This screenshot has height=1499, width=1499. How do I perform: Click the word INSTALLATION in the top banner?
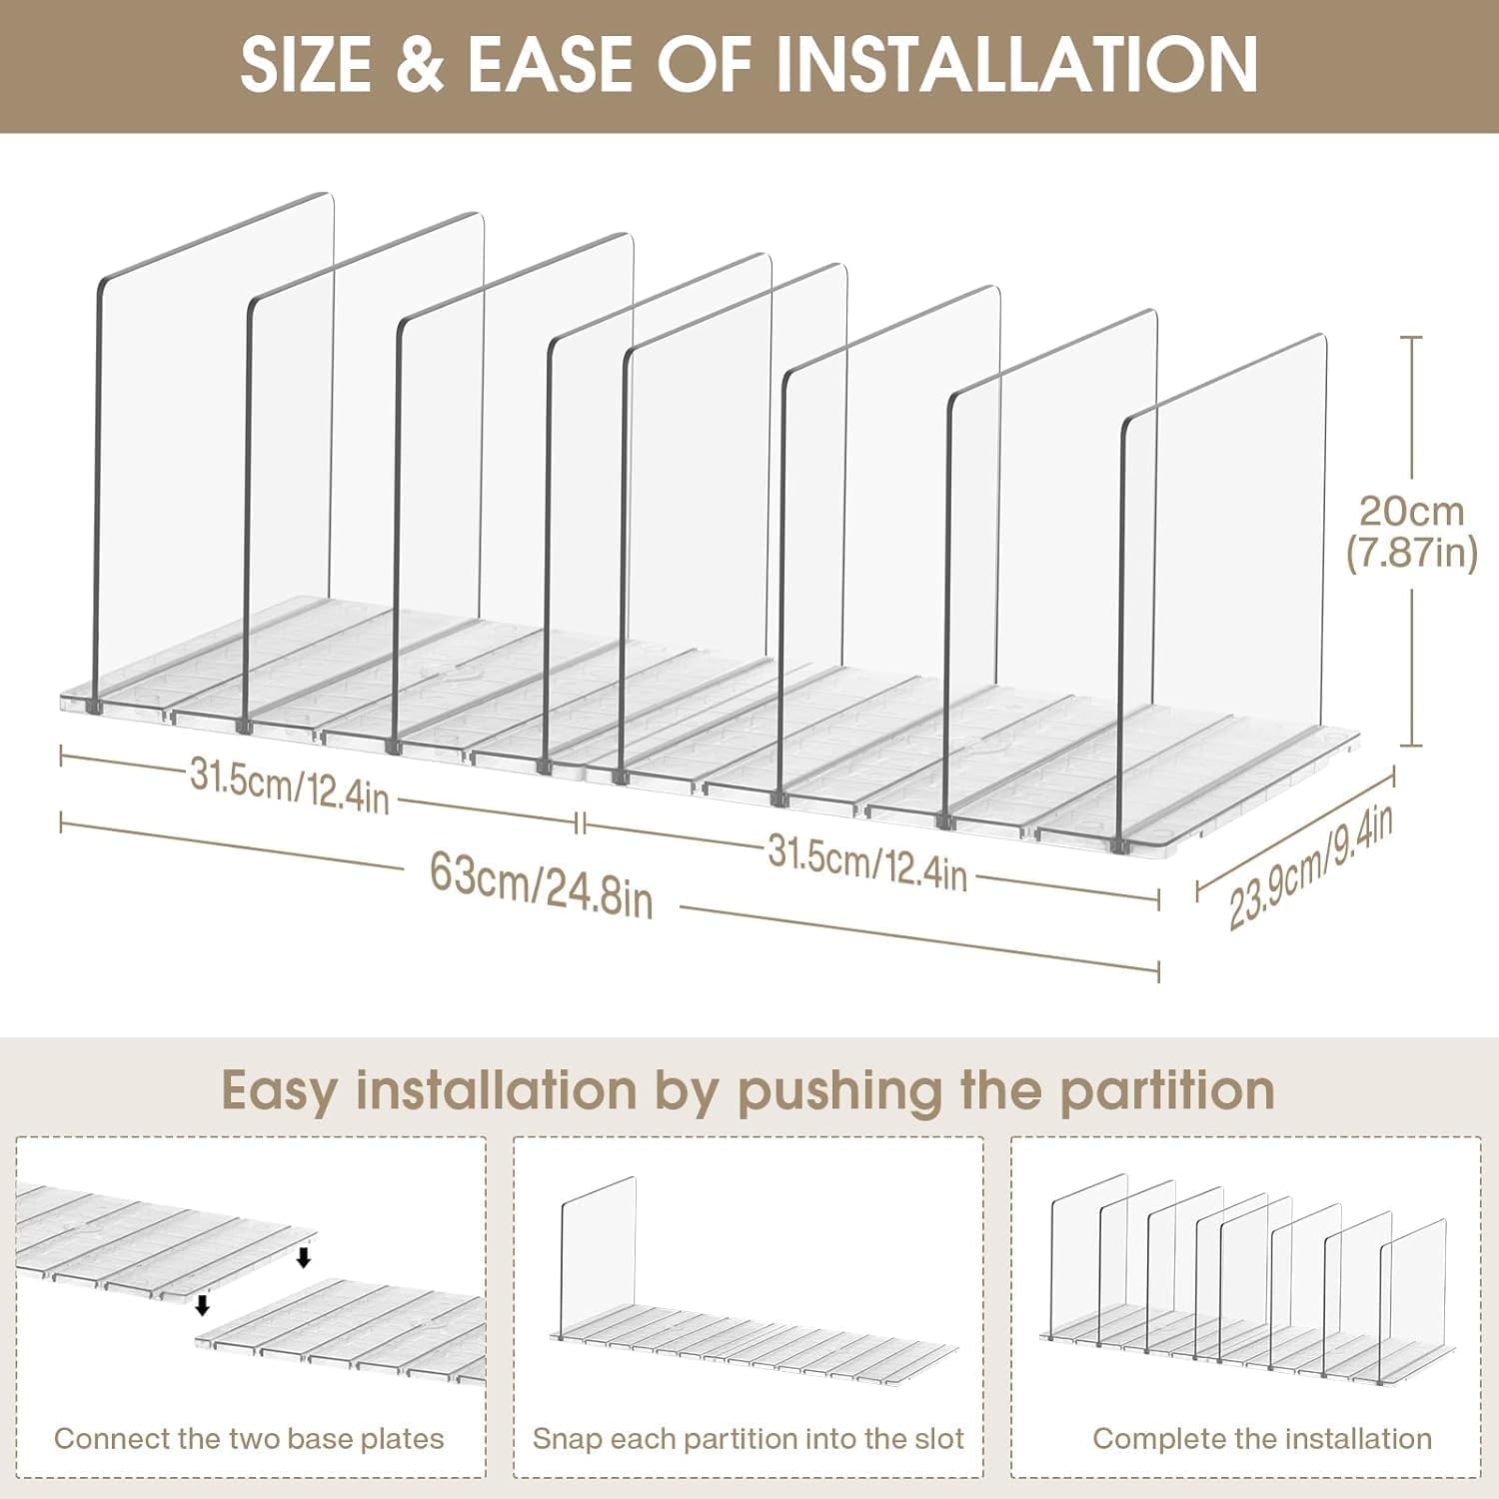click(1017, 64)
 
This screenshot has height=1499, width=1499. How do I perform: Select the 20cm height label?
click(1411, 511)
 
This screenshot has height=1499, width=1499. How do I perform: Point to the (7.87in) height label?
click(1411, 552)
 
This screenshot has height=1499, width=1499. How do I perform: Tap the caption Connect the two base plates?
click(249, 1439)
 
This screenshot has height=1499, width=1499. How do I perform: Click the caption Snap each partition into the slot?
click(749, 1439)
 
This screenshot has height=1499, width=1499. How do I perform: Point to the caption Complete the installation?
click(1262, 1439)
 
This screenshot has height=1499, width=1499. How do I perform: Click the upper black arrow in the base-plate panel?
click(304, 1256)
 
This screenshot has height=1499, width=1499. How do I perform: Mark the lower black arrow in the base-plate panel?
click(202, 1304)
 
